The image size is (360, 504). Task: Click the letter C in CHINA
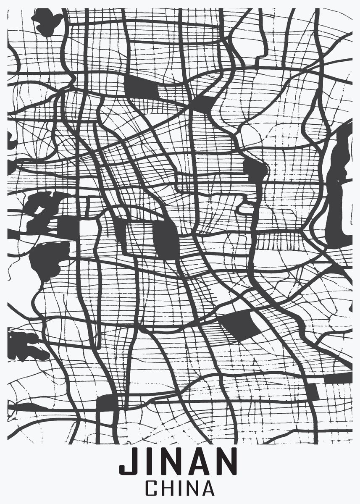tap(152, 489)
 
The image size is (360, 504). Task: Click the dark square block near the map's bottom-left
tap(106, 404)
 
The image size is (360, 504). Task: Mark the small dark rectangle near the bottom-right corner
tap(313, 391)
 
